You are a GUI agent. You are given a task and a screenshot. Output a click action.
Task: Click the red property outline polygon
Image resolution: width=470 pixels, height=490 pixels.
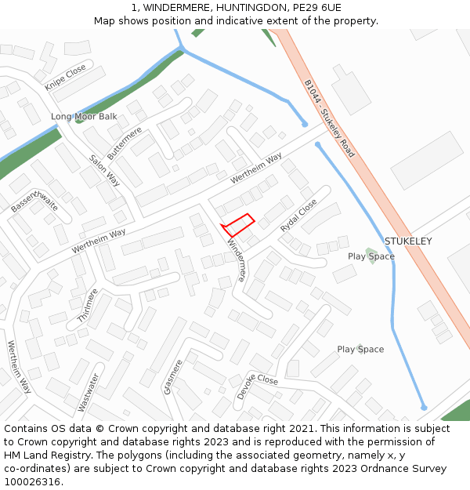click(238, 225)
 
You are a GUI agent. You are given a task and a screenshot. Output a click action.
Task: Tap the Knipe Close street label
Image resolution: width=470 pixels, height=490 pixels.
click(66, 77)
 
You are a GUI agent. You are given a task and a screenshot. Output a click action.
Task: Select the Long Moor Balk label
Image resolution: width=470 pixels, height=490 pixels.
click(84, 117)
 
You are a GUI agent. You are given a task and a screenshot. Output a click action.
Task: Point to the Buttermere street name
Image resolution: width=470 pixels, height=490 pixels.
click(125, 143)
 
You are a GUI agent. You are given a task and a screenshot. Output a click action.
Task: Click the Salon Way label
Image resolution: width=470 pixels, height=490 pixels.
click(104, 169)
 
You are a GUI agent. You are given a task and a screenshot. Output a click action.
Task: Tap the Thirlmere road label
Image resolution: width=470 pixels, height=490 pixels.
click(88, 306)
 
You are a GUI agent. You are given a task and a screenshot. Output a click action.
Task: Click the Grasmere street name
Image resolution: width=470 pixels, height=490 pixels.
click(173, 377)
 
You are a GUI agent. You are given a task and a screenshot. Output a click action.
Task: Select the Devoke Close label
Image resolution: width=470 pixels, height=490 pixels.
click(257, 387)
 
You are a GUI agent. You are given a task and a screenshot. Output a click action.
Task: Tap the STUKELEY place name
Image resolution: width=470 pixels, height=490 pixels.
click(407, 241)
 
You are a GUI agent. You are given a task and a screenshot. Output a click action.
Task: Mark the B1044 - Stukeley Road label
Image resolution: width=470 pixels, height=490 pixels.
click(329, 118)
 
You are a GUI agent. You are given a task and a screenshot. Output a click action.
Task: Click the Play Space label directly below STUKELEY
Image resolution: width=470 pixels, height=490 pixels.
click(371, 256)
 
